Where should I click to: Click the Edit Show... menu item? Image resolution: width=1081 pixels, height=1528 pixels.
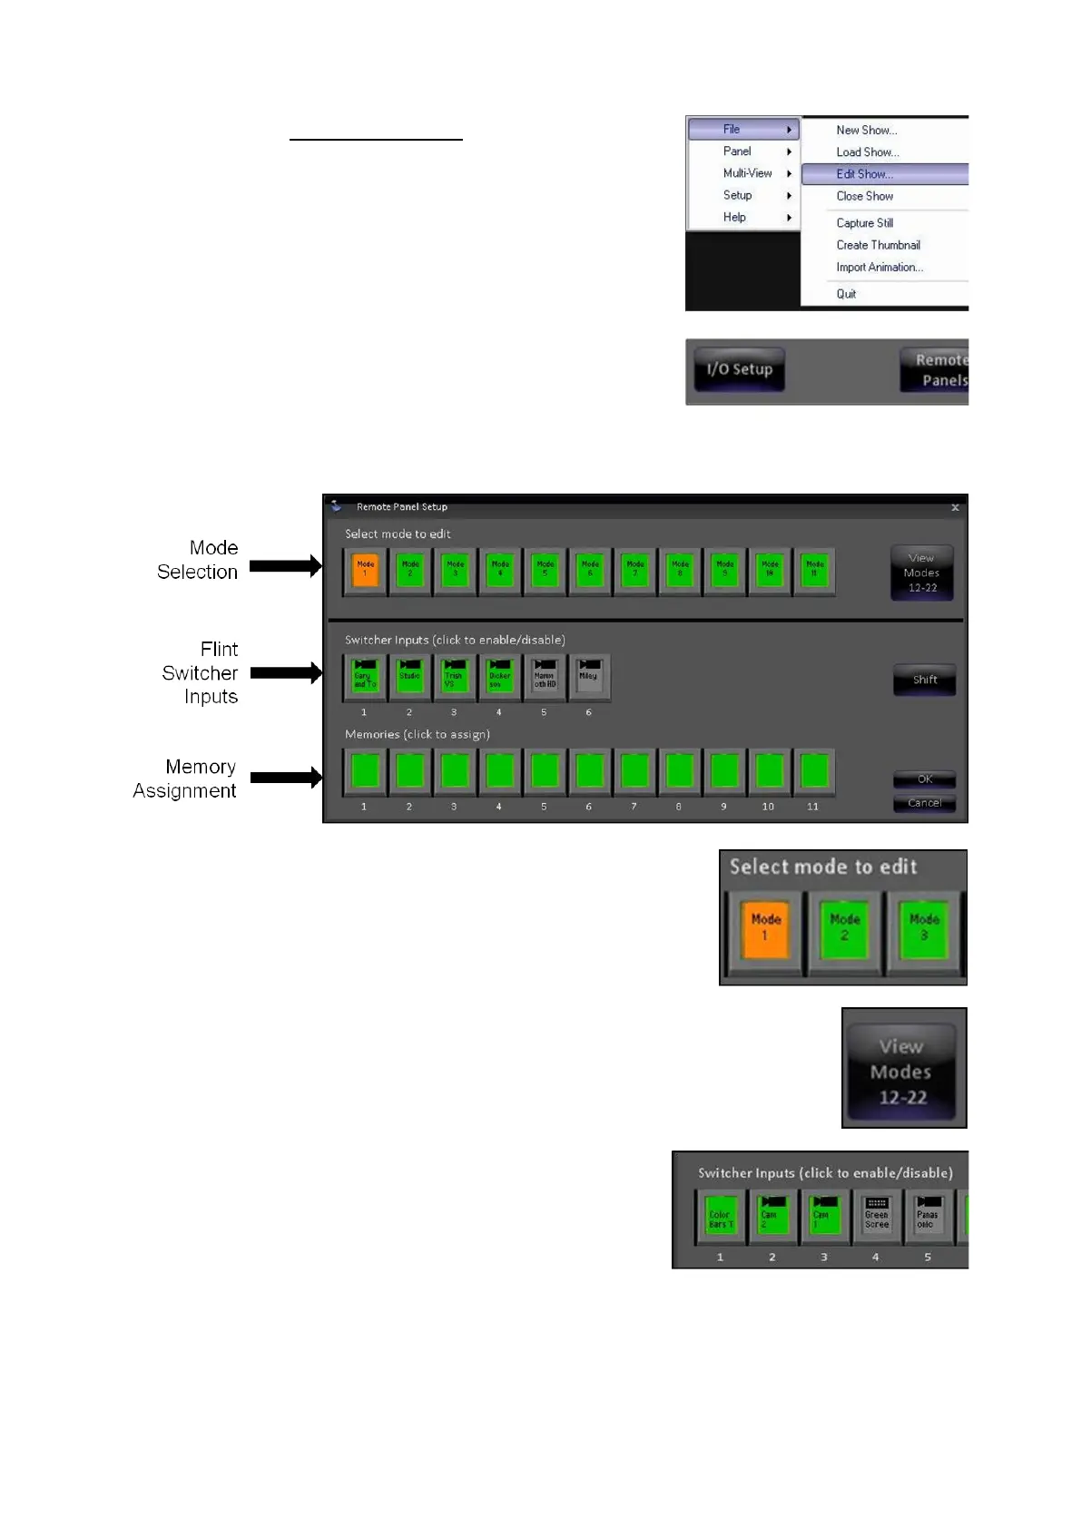click(865, 174)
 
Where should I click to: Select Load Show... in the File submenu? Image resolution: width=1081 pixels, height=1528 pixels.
click(867, 152)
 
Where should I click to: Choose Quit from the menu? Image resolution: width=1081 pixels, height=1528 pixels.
click(846, 294)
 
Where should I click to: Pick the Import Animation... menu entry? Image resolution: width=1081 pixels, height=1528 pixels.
click(879, 268)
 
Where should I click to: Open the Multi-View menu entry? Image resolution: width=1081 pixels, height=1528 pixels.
click(747, 173)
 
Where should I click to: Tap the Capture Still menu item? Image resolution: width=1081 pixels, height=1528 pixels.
click(864, 223)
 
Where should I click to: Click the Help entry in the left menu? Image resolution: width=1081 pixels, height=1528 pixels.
click(734, 218)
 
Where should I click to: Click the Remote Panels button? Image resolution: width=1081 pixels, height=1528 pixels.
click(936, 370)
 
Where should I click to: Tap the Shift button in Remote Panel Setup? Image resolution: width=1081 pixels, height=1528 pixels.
click(924, 680)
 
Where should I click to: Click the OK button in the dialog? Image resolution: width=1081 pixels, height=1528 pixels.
click(924, 779)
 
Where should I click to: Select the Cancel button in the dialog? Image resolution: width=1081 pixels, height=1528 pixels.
click(924, 803)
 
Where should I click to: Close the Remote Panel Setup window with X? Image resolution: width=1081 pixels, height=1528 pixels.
click(955, 508)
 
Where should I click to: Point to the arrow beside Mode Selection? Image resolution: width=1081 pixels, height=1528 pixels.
click(285, 566)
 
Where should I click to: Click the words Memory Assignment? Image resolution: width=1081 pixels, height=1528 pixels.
click(185, 779)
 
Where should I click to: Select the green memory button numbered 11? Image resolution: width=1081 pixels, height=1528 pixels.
click(814, 771)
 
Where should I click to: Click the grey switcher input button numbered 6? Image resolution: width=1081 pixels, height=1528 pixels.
click(589, 677)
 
